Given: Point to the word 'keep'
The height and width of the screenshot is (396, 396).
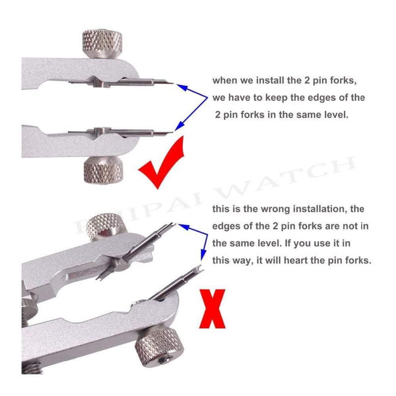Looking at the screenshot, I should [277, 98].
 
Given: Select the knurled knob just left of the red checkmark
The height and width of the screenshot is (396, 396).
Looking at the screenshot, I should [103, 171].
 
